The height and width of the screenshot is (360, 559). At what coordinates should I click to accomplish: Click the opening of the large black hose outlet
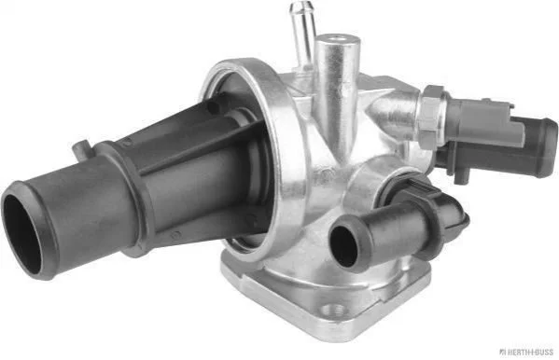coord(22,234)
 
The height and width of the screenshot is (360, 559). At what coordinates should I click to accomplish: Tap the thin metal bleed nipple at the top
coord(302,35)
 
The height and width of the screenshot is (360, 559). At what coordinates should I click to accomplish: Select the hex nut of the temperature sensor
coord(432,117)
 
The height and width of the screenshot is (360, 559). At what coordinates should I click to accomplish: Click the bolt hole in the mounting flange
coord(332,310)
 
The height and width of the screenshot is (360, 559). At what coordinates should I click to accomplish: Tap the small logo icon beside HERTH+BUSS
coord(502,353)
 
